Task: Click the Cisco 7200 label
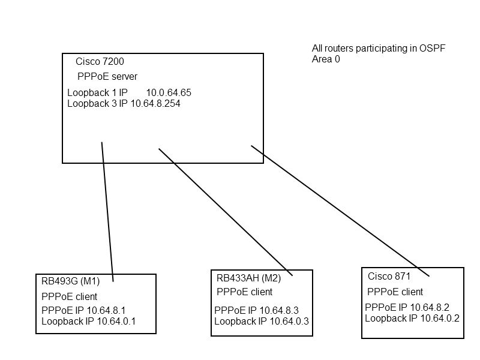coord(100,62)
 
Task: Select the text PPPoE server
coord(107,77)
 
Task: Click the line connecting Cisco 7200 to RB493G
coord(107,210)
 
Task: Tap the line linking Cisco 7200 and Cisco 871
coord(340,211)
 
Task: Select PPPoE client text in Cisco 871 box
coord(395,292)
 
